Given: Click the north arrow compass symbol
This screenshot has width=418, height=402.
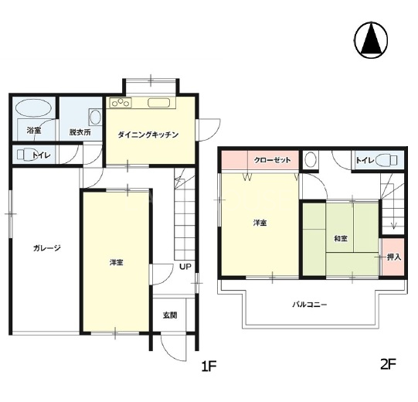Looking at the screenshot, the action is [x=371, y=40].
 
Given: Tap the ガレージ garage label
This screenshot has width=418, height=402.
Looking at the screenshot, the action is [x=47, y=248].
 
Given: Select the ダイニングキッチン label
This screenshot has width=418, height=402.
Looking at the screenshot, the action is [x=148, y=135].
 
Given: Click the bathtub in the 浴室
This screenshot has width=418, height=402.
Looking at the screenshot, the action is [x=33, y=107].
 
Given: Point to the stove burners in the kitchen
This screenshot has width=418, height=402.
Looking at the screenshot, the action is [x=121, y=103].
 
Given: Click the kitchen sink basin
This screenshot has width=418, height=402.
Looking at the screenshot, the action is [x=159, y=103].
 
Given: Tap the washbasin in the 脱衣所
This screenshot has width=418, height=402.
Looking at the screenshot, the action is [x=95, y=117].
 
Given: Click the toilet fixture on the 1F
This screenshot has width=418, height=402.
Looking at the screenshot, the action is [x=25, y=155].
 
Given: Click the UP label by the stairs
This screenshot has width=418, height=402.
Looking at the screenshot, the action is [x=185, y=267].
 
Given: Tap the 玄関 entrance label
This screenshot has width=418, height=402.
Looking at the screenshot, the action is [x=170, y=315].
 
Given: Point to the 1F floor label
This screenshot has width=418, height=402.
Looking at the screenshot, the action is [x=209, y=366].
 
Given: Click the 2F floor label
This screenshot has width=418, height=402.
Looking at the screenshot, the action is [x=388, y=364].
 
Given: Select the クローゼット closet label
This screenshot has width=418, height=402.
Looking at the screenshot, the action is [x=272, y=160].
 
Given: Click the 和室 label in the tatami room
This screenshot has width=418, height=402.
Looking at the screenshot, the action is [x=341, y=238].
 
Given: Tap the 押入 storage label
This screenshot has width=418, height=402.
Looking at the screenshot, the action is [x=394, y=257].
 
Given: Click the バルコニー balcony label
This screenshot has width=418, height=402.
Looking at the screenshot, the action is [x=310, y=305].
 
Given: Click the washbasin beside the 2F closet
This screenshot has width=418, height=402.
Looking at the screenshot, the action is [x=311, y=160].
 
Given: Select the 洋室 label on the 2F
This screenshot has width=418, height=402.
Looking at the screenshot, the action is [x=260, y=223].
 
